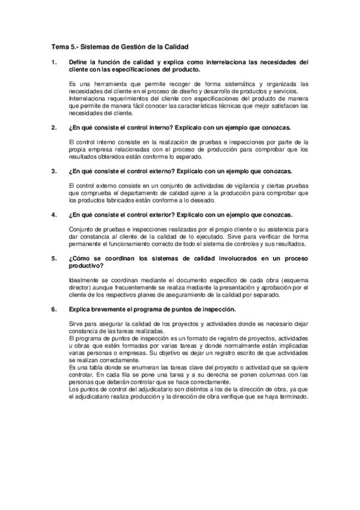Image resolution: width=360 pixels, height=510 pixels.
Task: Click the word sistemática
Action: click(223, 82)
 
